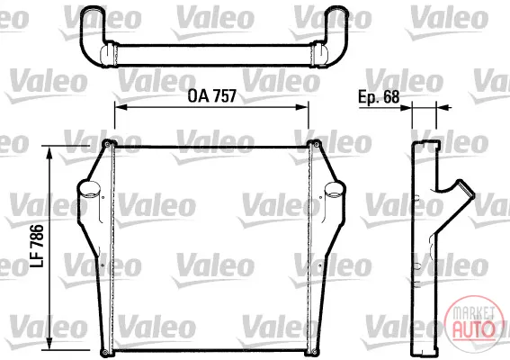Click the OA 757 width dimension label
pos(211,96)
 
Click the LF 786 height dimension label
pos(37,246)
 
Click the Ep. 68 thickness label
pos(379,96)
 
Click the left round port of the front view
pos(89,189)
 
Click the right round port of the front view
pos(334,190)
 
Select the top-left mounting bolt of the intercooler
pos(107,143)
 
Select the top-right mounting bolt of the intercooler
pos(316,143)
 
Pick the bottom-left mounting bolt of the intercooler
pos(104,352)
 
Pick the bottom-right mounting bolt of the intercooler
pos(314,352)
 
